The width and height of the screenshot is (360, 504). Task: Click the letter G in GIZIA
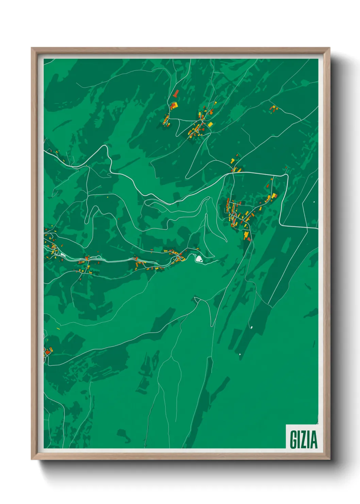coord(293,439)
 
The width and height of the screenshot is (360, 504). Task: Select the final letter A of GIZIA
coord(313,439)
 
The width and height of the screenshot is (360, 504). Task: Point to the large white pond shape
coord(199,259)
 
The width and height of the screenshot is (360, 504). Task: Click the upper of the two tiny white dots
coord(251,327)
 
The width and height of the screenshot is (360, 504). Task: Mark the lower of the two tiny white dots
coord(240,355)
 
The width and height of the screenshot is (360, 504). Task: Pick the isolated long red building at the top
coord(176,93)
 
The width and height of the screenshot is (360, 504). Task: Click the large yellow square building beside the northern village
coord(210,124)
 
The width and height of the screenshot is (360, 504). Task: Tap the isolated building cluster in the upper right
coord(274,109)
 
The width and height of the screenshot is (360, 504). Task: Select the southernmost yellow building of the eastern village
coord(246,235)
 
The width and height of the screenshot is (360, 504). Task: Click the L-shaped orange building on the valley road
coord(137,264)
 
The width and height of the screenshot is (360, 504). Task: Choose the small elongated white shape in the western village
coord(63,254)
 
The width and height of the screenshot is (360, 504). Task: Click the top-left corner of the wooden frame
coord(32,48)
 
